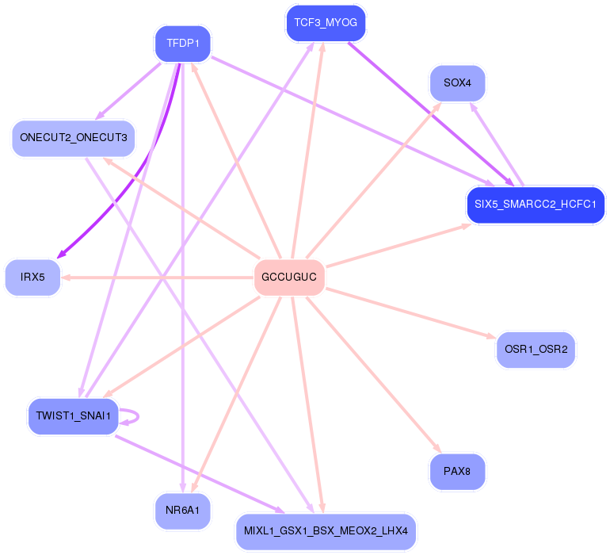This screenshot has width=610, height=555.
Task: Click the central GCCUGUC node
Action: pyautogui.click(x=289, y=277)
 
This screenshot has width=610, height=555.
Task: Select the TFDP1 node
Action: pyautogui.click(x=182, y=43)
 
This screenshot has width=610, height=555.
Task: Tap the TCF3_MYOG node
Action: pyautogui.click(x=326, y=23)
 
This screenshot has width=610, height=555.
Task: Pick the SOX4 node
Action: pyautogui.click(x=457, y=82)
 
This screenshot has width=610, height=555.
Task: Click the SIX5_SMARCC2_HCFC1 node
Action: pyautogui.click(x=536, y=205)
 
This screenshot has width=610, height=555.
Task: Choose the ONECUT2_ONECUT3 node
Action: pyautogui.click(x=73, y=138)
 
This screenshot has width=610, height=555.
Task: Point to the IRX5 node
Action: pyautogui.click(x=32, y=277)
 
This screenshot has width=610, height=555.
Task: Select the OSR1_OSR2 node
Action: pyautogui.click(x=536, y=349)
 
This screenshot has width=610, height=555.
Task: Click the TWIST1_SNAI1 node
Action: pyautogui.click(x=74, y=415)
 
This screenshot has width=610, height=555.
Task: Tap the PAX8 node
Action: pyautogui.click(x=457, y=471)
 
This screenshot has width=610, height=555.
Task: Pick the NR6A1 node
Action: pyautogui.click(x=182, y=511)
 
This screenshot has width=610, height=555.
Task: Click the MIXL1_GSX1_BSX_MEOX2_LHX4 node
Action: pyautogui.click(x=326, y=530)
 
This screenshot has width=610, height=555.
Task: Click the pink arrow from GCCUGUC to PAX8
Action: pyautogui.click(x=372, y=373)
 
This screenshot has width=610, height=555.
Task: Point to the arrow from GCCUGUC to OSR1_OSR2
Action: pyautogui.click(x=412, y=313)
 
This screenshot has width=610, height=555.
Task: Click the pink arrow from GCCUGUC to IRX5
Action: pyautogui.click(x=158, y=277)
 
